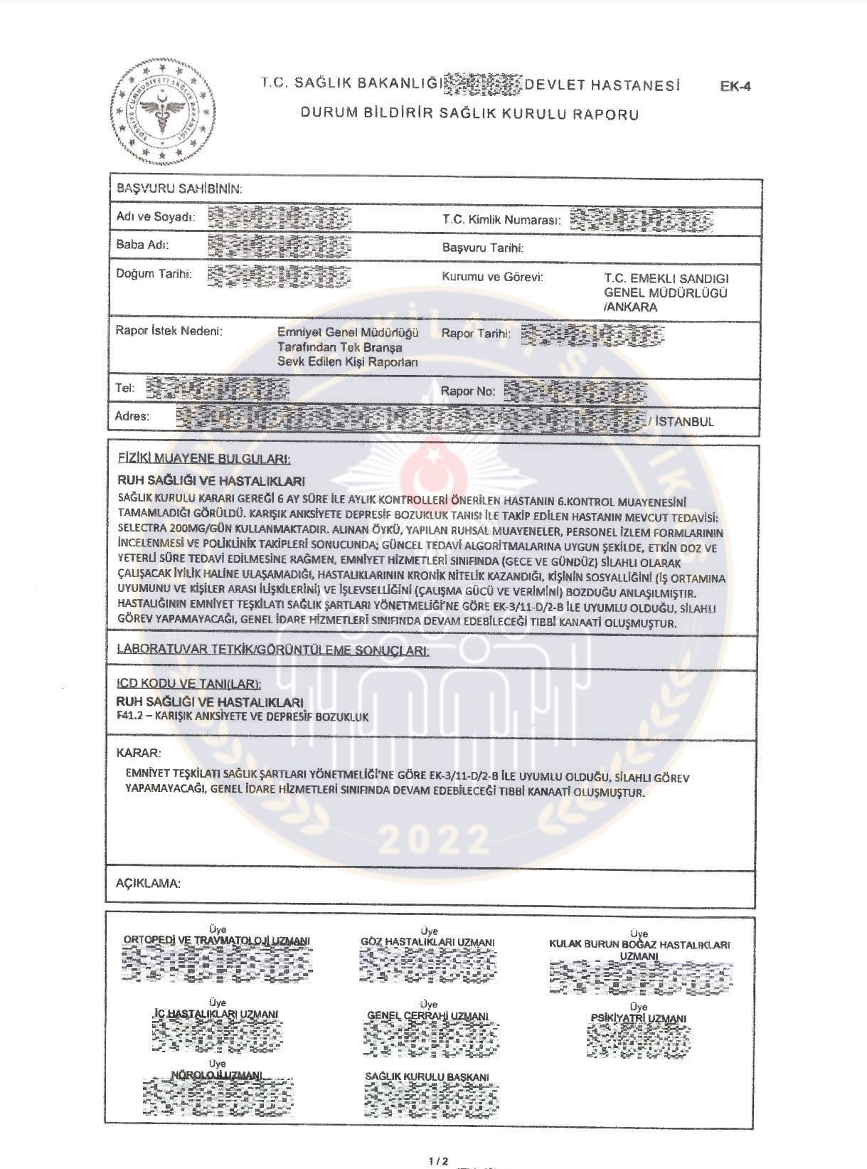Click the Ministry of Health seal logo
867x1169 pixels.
163,115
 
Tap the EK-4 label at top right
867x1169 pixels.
735,88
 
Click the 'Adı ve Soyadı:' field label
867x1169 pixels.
155,216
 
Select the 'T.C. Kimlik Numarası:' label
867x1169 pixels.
501,220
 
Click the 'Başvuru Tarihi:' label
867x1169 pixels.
483,248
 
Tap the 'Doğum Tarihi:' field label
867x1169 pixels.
154,274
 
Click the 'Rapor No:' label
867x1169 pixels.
467,391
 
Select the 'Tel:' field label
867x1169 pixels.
125,388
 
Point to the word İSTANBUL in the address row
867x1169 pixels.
684,421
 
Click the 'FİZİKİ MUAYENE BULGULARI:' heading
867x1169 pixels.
204,460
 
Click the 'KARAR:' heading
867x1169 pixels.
138,753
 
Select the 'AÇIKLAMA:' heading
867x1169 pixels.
148,884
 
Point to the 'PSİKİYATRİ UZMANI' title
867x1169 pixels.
638,1018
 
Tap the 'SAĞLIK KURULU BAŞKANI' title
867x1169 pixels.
427,1077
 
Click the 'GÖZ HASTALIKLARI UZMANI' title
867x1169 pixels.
427,942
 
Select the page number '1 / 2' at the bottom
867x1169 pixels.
438,1160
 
